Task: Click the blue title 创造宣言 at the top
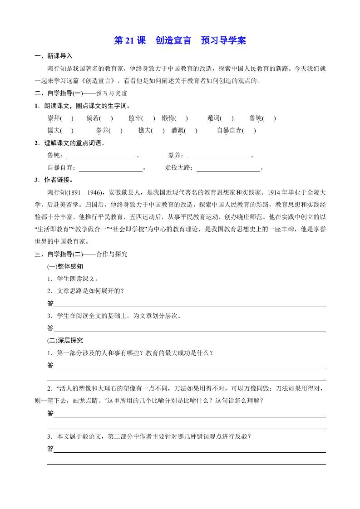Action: click(x=173, y=40)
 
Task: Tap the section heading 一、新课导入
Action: click(x=53, y=56)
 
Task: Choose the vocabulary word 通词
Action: click(x=213, y=119)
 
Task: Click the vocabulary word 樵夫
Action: click(x=144, y=131)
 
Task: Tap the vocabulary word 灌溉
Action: click(x=178, y=131)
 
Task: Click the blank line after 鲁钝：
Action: click(x=101, y=156)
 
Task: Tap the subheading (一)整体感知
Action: click(x=65, y=266)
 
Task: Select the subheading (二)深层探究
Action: click(x=65, y=340)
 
